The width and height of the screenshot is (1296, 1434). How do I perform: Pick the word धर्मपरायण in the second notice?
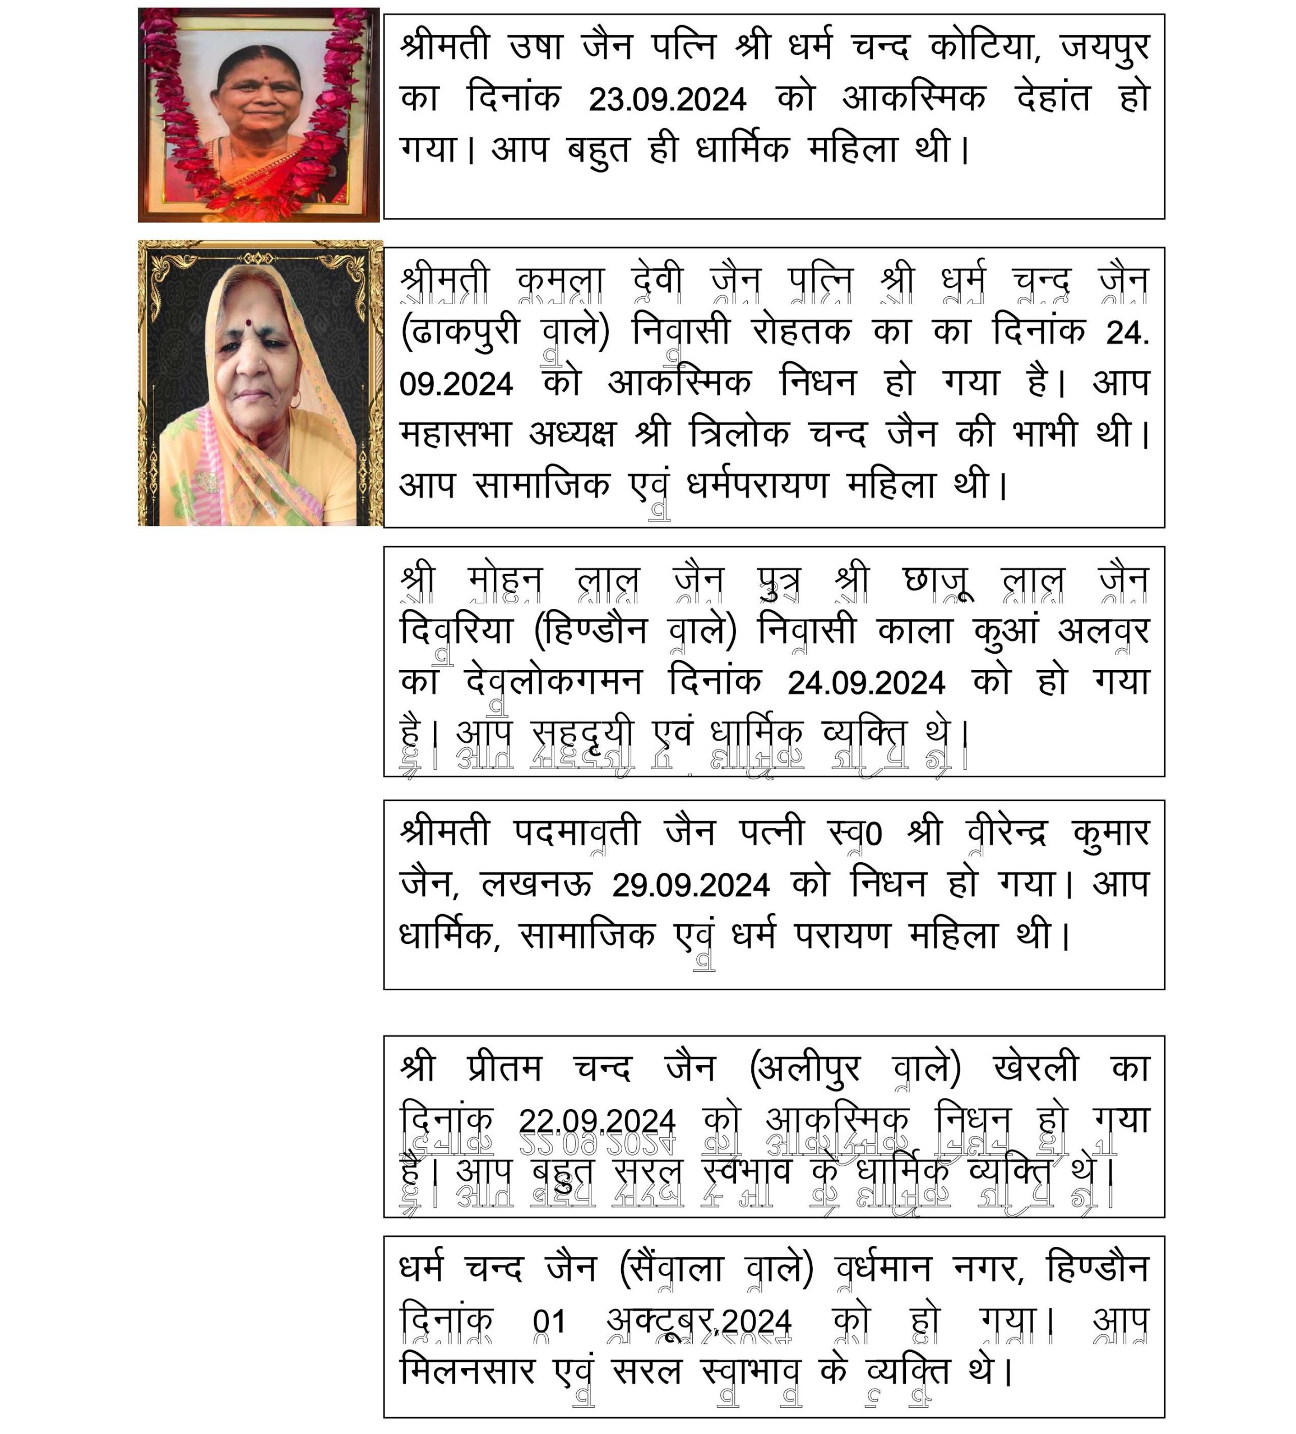click(x=757, y=485)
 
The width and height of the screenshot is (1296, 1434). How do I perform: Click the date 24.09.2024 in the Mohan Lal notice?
click(x=866, y=683)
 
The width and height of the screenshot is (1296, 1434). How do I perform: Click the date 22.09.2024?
click(x=596, y=1120)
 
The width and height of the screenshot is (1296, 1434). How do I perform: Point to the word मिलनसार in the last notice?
click(x=467, y=1371)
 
